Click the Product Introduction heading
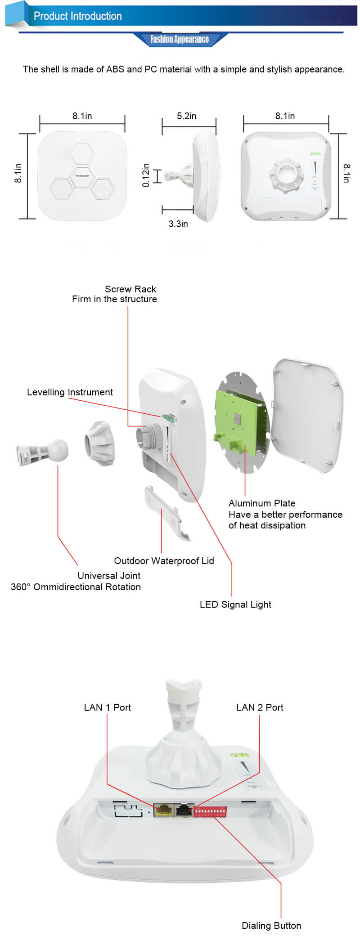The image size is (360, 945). (x=77, y=16)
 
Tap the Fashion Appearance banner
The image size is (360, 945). (x=180, y=39)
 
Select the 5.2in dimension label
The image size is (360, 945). (x=186, y=116)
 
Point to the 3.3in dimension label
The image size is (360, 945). (x=178, y=224)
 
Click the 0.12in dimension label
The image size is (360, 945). (x=145, y=175)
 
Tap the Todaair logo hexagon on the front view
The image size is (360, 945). (x=82, y=175)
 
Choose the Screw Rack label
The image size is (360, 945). (x=130, y=289)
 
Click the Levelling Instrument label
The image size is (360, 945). (x=70, y=392)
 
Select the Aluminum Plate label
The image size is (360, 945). (x=262, y=503)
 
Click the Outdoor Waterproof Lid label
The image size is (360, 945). (x=164, y=560)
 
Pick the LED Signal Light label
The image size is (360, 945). (x=235, y=605)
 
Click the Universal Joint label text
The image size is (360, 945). (x=109, y=576)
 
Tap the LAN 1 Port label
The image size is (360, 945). (x=107, y=707)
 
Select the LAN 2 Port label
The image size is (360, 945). (x=260, y=707)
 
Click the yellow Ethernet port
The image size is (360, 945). (x=163, y=810)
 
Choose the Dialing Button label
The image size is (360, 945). (x=271, y=925)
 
